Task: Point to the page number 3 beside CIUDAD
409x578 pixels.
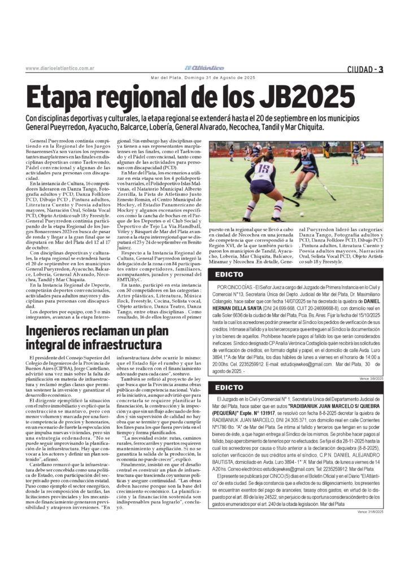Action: (381, 69)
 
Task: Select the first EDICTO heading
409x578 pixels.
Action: (229, 275)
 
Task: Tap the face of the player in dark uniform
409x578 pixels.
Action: (303, 153)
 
